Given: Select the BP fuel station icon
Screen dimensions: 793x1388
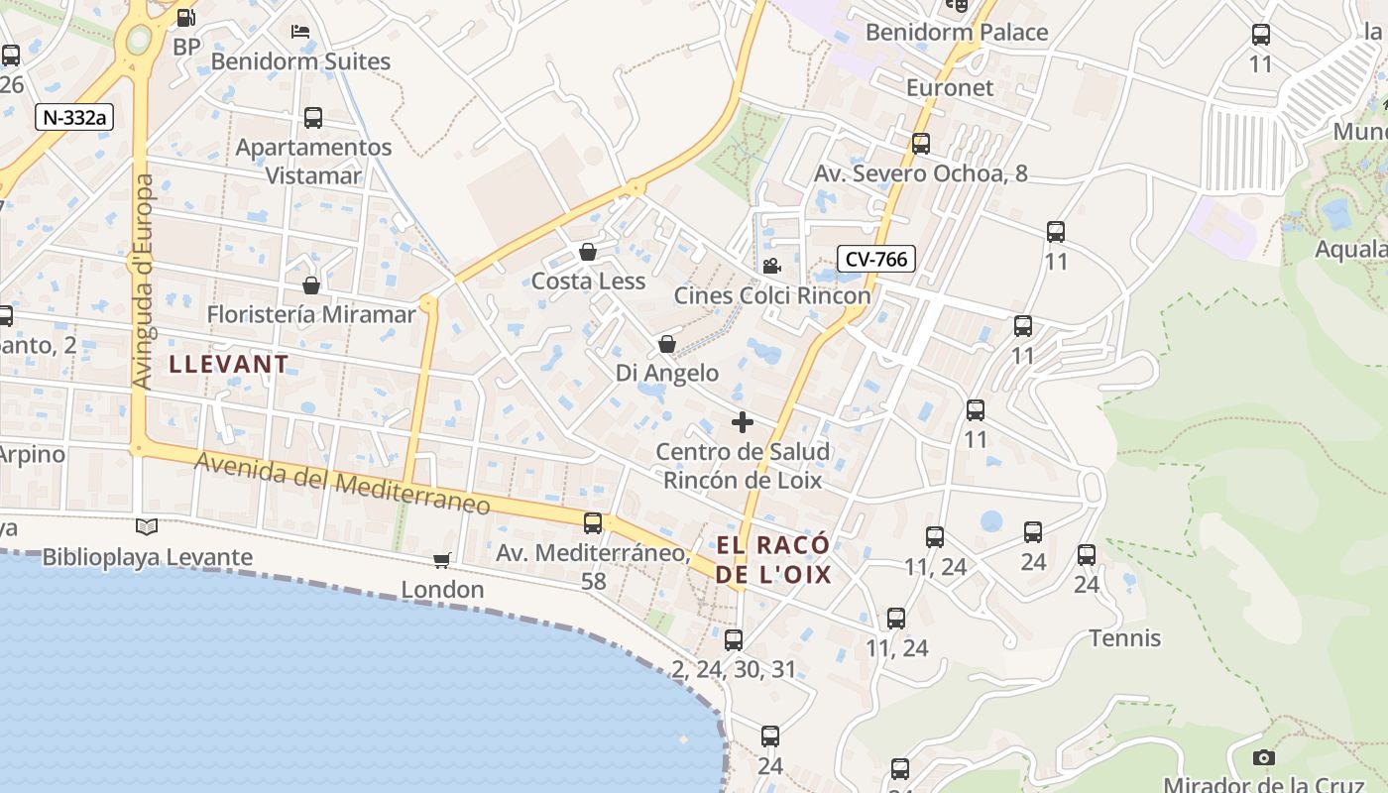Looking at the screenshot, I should [185, 17].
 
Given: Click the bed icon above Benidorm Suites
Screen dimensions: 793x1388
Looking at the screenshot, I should [300, 31].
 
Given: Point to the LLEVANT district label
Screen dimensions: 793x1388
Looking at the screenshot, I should [229, 364].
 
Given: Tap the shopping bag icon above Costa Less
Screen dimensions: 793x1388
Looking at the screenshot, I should [588, 252].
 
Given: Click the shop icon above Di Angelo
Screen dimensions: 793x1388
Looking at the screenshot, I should [667, 344].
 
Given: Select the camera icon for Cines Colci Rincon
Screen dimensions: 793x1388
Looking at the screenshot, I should [771, 266].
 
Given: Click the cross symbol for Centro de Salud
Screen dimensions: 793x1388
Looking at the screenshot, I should [742, 422].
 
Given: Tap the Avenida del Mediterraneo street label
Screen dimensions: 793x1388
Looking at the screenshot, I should [342, 483].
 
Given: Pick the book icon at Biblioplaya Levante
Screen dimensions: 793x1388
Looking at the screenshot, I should [147, 526].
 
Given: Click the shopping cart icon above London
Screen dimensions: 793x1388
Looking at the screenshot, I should [442, 560].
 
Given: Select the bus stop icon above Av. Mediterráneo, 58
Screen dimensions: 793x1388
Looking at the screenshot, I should [593, 522].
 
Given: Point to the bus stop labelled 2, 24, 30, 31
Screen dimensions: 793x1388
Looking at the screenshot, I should [734, 640].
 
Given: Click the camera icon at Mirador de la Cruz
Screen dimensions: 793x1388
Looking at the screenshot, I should [1263, 757].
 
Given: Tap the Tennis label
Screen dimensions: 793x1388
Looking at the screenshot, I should [1125, 637].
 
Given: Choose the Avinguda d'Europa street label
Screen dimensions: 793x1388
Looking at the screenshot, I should [143, 282].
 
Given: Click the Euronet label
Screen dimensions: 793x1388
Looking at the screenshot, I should [950, 87].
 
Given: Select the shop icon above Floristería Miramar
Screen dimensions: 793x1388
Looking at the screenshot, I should [311, 285].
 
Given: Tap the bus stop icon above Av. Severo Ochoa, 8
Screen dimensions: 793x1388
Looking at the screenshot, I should [921, 144].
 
